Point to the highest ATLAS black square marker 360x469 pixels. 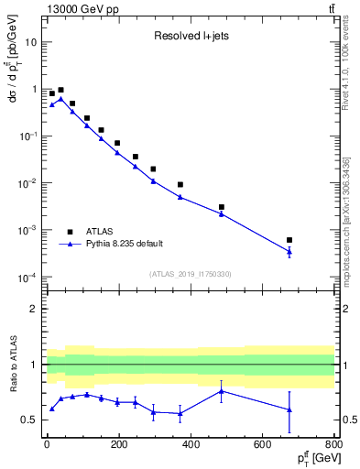pos(60,91)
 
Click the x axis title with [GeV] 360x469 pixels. pos(308,458)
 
